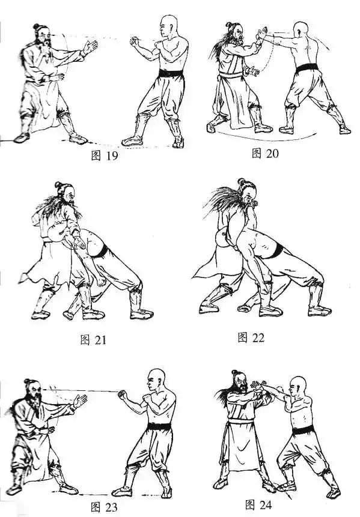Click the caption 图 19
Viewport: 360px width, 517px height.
pos(104,156)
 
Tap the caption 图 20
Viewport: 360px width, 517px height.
pos(265,153)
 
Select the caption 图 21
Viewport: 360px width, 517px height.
pos(93,340)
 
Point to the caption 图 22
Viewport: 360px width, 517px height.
pos(251,337)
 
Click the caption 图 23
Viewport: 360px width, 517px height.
pos(103,507)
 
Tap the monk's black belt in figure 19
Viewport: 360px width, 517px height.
pos(171,73)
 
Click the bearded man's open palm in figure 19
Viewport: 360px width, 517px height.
pos(90,47)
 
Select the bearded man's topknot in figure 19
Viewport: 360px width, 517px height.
pos(36,26)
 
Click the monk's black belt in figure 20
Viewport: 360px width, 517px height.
pos(308,68)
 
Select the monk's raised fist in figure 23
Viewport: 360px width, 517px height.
pos(123,394)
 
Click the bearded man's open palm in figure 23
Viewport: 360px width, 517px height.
pos(79,401)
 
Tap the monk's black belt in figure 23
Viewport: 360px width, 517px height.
pos(159,426)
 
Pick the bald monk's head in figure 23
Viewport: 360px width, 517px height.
pos(156,379)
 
